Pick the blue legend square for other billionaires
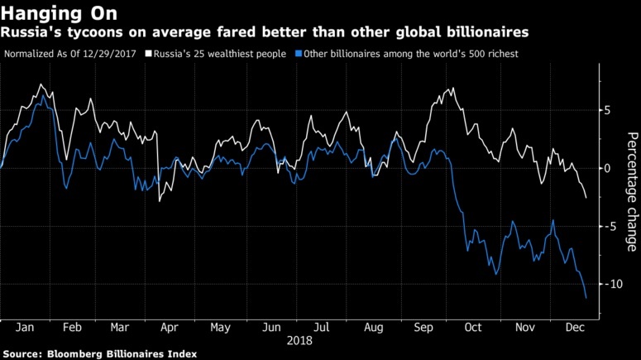click(x=295, y=53)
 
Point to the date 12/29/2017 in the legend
click(x=112, y=53)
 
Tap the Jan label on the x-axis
click(x=25, y=328)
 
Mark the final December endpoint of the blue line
click(x=586, y=298)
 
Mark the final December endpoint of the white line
click(x=586, y=199)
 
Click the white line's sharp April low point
click(x=160, y=201)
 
